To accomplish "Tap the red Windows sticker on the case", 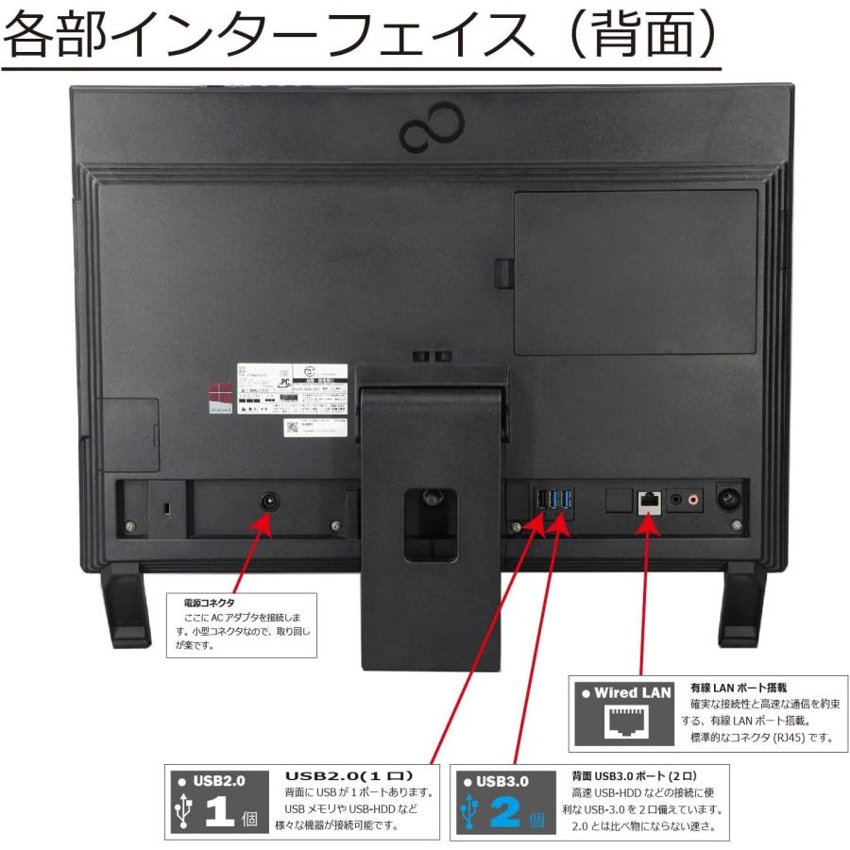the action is click(220, 394).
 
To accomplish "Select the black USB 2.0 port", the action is click(538, 501).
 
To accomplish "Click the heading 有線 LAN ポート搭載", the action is click(738, 688).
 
